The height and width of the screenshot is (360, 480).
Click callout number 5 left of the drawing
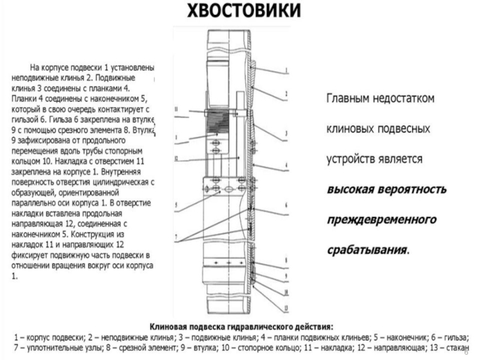(175, 205)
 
